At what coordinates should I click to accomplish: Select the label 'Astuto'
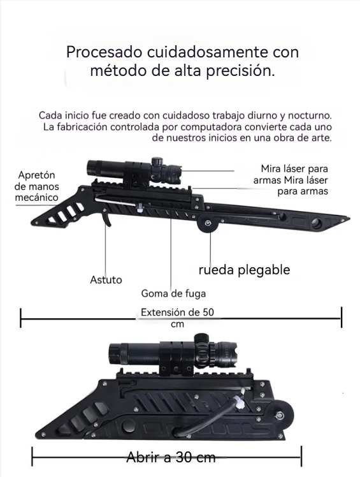(106, 279)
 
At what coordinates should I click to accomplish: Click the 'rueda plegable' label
(244, 270)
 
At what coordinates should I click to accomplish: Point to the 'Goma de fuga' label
(173, 293)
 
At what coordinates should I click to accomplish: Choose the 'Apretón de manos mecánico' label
(37, 186)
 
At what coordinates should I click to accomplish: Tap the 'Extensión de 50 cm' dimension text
(177, 317)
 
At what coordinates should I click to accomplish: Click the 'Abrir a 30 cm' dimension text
(171, 457)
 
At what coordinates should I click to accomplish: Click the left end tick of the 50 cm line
(21, 317)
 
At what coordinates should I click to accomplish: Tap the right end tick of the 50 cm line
(342, 317)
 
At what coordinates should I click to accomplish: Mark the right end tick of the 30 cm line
(301, 457)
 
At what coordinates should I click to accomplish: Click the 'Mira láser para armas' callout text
(291, 180)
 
